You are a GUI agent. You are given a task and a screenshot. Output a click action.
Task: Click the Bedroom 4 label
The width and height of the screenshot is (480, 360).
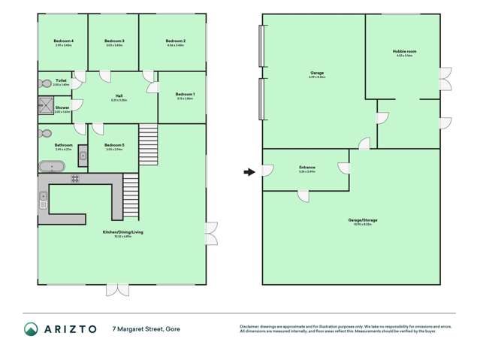(x=63, y=41)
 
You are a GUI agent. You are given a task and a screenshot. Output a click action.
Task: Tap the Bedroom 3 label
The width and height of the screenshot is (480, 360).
(x=114, y=41)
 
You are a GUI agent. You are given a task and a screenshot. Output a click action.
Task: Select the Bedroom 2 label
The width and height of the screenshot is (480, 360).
(x=175, y=41)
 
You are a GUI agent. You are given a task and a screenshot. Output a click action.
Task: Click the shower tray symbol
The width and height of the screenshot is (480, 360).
(x=45, y=108)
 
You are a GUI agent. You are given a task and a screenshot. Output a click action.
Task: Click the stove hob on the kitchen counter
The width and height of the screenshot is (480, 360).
(x=75, y=178)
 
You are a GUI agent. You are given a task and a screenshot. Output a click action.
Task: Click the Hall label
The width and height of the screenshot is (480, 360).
(x=119, y=95)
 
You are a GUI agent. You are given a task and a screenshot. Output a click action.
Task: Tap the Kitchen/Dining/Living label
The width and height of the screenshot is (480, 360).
(x=123, y=232)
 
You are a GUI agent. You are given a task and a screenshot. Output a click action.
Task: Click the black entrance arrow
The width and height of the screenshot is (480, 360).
(x=249, y=172)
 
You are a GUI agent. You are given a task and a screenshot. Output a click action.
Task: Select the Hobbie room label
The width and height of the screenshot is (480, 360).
(x=404, y=51)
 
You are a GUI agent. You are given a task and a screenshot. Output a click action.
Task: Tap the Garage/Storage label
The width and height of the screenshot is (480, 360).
(x=360, y=220)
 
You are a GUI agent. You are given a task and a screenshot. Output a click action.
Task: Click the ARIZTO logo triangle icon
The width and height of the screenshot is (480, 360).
(x=32, y=328)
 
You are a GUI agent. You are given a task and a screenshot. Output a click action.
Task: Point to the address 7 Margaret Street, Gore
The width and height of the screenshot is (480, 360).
(x=146, y=328)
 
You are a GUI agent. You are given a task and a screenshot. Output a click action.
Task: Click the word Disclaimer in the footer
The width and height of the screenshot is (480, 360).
(x=250, y=325)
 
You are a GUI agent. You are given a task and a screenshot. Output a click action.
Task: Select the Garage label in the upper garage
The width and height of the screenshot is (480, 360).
(x=316, y=73)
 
